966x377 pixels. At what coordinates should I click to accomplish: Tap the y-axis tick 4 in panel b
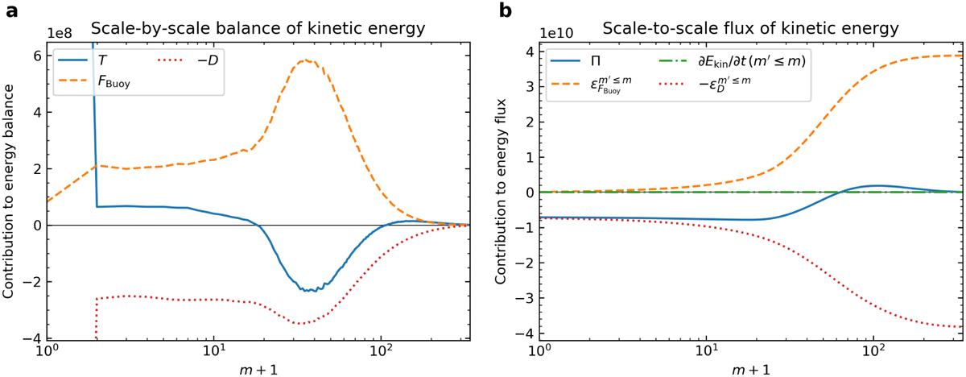point(527,52)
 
